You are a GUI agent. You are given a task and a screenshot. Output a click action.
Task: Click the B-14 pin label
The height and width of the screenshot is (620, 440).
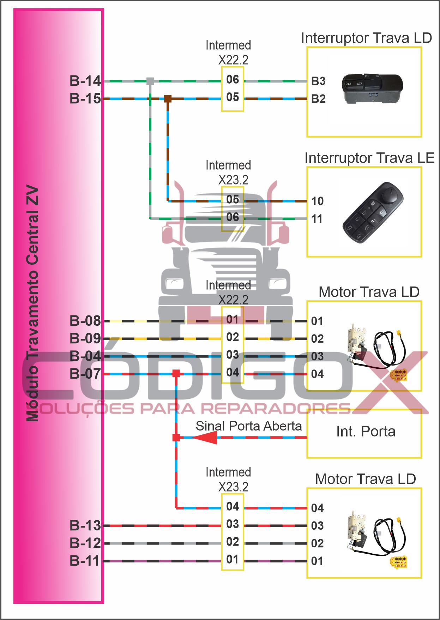coord(85,81)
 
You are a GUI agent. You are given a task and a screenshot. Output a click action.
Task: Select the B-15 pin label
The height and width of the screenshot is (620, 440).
coord(85,98)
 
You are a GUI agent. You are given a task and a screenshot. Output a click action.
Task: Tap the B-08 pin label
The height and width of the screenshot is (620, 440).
coord(85,321)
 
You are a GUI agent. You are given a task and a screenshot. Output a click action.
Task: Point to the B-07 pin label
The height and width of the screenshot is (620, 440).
coord(85,374)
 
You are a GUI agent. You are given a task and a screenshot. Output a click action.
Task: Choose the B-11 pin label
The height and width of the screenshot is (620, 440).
coord(85,561)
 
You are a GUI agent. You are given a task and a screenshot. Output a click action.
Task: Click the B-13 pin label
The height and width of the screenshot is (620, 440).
coord(85,525)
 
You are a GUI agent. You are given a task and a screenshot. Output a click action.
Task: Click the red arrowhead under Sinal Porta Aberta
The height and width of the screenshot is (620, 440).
coord(205,438)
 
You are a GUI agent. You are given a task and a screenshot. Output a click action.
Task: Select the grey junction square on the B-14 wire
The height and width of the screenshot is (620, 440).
coord(150,81)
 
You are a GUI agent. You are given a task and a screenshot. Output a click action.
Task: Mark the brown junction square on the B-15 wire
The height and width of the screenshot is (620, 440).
coord(168,99)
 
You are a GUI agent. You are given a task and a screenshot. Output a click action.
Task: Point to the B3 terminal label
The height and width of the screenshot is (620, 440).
coord(318,81)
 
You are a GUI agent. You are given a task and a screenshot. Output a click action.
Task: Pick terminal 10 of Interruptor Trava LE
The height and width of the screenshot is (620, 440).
coord(317,201)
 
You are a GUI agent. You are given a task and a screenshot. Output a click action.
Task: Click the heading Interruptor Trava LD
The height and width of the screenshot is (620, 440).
coord(366,38)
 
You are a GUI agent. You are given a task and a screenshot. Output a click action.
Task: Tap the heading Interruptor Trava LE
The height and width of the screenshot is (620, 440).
coord(369,158)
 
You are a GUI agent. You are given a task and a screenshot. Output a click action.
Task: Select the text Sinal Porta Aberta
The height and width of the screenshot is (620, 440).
coord(249,426)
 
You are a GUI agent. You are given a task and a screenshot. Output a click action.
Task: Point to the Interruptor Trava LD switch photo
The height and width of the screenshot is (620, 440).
coord(372,89)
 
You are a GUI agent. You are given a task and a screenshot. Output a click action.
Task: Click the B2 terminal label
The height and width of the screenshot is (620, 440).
coord(318,99)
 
